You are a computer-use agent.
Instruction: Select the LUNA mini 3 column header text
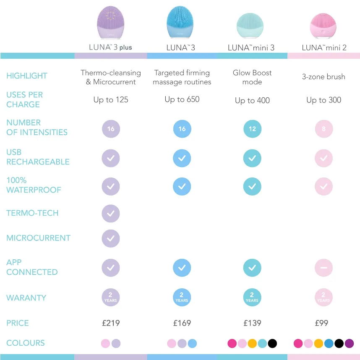click(251, 48)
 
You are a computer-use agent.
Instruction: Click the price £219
click(111, 323)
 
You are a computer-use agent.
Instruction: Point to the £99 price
click(322, 323)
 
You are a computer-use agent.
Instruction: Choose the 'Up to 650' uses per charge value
click(182, 99)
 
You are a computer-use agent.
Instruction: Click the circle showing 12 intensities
click(252, 129)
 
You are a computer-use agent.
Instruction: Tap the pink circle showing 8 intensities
click(323, 129)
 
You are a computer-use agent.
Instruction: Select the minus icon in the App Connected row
click(323, 268)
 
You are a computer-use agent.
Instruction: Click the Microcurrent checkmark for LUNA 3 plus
click(111, 238)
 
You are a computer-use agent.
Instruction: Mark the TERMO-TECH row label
click(32, 213)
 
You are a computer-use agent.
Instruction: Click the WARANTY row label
click(26, 298)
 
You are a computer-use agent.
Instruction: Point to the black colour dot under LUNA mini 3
click(272, 344)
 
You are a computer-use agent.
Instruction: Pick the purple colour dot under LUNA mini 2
click(349, 344)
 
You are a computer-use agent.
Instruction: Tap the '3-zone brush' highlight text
click(323, 77)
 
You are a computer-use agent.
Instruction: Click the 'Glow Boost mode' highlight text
click(252, 77)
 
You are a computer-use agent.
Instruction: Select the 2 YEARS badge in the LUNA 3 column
click(182, 297)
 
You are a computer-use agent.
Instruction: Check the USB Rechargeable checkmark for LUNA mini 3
click(252, 159)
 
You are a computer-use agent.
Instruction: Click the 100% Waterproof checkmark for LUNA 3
click(182, 186)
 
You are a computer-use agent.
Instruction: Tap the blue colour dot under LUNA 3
click(192, 344)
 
